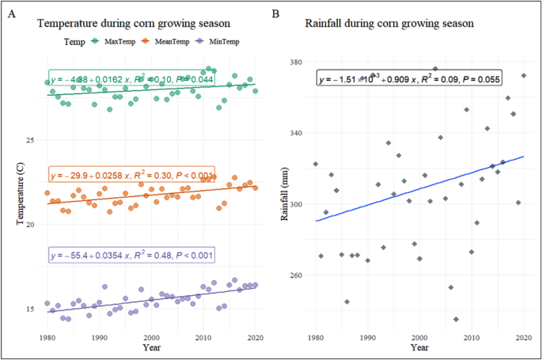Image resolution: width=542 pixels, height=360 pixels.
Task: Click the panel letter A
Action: tap(12, 13)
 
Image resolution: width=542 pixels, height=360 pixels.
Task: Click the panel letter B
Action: tap(275, 13)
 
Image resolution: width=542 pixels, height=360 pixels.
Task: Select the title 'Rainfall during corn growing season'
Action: tap(389, 24)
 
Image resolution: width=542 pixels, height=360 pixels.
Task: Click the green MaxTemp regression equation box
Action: tap(129, 79)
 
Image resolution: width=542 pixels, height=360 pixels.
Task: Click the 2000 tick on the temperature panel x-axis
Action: tap(152, 337)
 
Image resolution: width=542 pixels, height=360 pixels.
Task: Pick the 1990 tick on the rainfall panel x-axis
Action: tap(368, 337)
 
